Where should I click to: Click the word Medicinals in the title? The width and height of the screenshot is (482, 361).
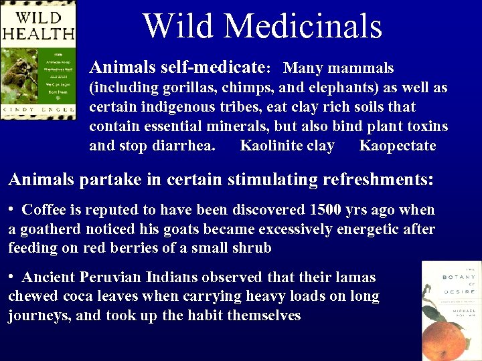(x=303, y=26)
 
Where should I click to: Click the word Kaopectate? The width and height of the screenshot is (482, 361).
(x=397, y=146)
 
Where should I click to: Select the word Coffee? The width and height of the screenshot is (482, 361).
(x=44, y=210)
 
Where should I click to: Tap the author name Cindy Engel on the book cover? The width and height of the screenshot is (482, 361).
(x=37, y=110)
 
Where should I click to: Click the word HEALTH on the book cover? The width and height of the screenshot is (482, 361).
(x=37, y=31)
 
